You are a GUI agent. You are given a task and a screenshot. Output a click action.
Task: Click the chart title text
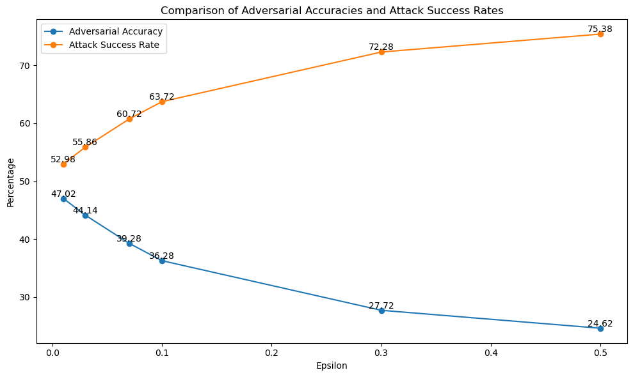point(332,10)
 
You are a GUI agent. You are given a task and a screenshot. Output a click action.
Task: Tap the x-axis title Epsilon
point(332,366)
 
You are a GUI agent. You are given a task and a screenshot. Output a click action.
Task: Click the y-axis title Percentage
point(10,182)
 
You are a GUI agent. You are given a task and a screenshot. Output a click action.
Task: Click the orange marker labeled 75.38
point(600,34)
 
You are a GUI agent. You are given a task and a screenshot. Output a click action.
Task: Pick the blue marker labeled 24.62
point(600,328)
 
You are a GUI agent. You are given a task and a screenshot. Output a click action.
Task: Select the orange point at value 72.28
point(381,52)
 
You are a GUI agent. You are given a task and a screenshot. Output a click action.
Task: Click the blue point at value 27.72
point(381,311)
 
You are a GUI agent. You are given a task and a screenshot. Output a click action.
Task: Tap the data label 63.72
point(162,96)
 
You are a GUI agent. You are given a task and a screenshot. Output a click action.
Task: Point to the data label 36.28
point(162,256)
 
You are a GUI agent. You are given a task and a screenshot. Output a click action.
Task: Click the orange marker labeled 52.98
point(63,164)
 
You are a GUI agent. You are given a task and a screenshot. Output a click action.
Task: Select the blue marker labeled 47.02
point(63,199)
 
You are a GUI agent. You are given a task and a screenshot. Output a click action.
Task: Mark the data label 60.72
point(129,114)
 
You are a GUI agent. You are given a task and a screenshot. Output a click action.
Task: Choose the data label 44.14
point(85,210)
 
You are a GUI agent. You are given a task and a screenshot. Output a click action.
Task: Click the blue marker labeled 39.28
point(129,243)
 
